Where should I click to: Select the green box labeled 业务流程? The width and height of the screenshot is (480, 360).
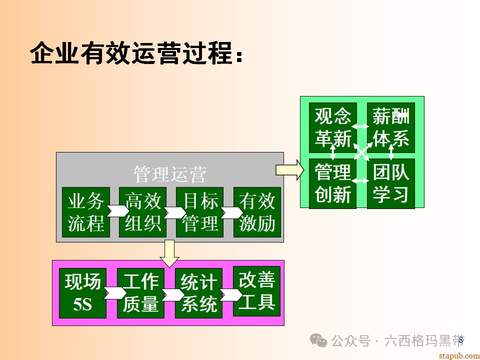86,212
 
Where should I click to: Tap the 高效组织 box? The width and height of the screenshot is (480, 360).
143,212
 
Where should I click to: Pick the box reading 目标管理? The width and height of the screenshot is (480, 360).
200,212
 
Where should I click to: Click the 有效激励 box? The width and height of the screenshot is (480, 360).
257,212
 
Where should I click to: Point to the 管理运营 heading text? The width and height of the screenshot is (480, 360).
170,174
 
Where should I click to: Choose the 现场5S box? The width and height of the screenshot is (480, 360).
83,293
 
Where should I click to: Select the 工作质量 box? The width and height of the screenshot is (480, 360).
141,293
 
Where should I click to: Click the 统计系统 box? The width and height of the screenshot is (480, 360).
199,293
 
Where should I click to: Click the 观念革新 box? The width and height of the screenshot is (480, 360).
333,127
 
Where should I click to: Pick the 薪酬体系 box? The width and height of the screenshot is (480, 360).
391,127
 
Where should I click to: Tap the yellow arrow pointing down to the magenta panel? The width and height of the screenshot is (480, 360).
169,253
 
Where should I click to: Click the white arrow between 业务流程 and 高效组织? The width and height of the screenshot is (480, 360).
115,211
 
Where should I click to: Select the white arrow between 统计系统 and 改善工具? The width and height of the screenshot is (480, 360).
229,294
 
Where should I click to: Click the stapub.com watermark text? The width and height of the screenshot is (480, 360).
458,355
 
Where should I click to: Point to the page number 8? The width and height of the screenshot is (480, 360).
461,340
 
